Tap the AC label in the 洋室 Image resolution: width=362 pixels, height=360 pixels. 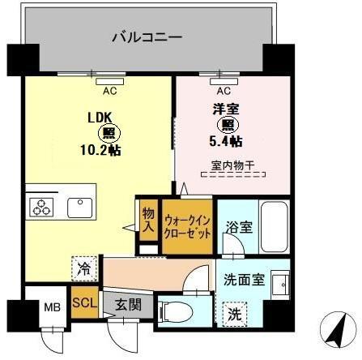[223, 90]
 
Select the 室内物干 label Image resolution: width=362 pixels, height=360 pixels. [232, 166]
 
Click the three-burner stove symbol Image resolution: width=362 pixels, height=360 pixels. [41, 208]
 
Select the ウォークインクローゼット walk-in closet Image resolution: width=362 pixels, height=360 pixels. [188, 225]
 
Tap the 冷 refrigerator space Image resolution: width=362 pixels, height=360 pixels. [84, 265]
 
